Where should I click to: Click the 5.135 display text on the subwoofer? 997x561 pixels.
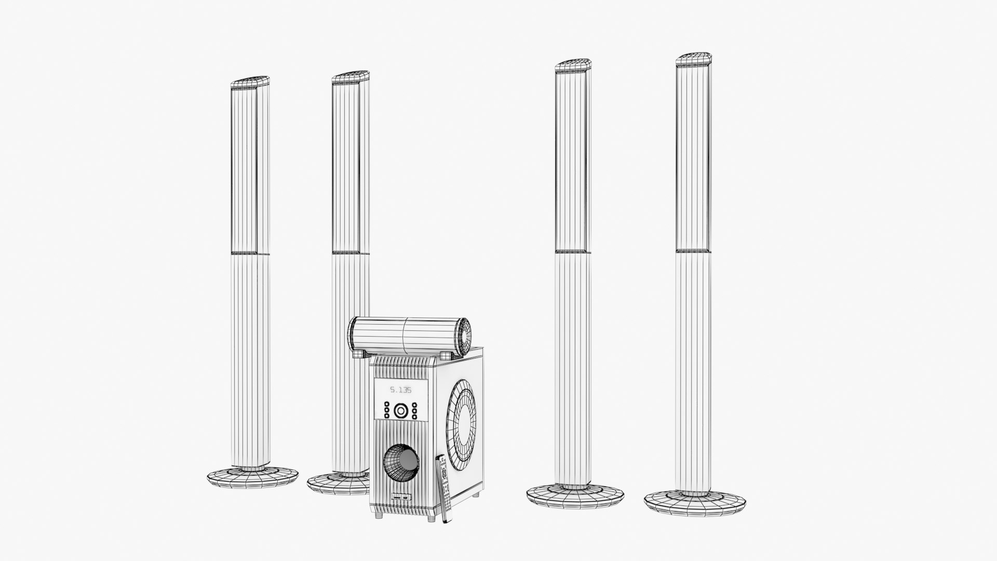point(400,390)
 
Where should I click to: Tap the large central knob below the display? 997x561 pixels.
point(400,411)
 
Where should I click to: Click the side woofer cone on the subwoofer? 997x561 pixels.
point(464,417)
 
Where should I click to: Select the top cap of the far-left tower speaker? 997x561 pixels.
point(250,82)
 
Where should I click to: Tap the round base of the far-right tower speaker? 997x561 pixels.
point(695,502)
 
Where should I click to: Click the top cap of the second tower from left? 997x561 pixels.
point(351,76)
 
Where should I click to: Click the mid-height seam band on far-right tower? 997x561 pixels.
point(694,251)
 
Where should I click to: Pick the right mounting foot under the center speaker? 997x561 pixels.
point(446,354)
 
